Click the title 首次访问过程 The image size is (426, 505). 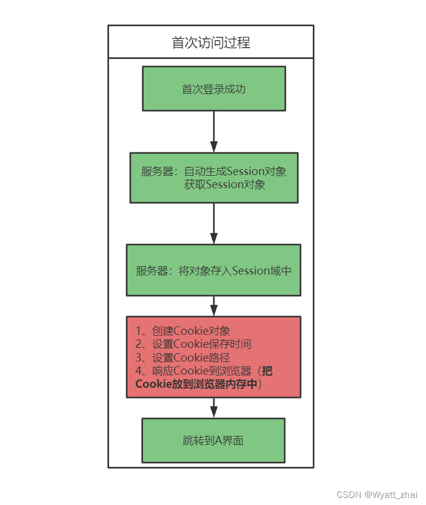(210, 42)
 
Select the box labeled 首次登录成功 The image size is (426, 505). (213, 89)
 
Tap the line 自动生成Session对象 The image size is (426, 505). (235, 172)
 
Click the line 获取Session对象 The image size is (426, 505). (225, 185)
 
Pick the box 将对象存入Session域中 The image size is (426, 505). (213, 270)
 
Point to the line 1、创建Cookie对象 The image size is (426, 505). (182, 331)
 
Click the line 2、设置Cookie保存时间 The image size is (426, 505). (193, 344)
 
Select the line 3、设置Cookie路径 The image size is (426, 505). (182, 357)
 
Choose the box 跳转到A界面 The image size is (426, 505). (213, 441)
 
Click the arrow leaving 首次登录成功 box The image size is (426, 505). (214, 131)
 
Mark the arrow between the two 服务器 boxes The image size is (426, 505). (214, 223)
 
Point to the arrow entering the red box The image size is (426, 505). (214, 306)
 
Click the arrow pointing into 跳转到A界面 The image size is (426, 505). (214, 408)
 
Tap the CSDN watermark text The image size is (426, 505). (349, 495)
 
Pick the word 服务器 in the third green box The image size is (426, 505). (151, 270)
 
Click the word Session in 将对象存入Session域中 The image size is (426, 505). (250, 270)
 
